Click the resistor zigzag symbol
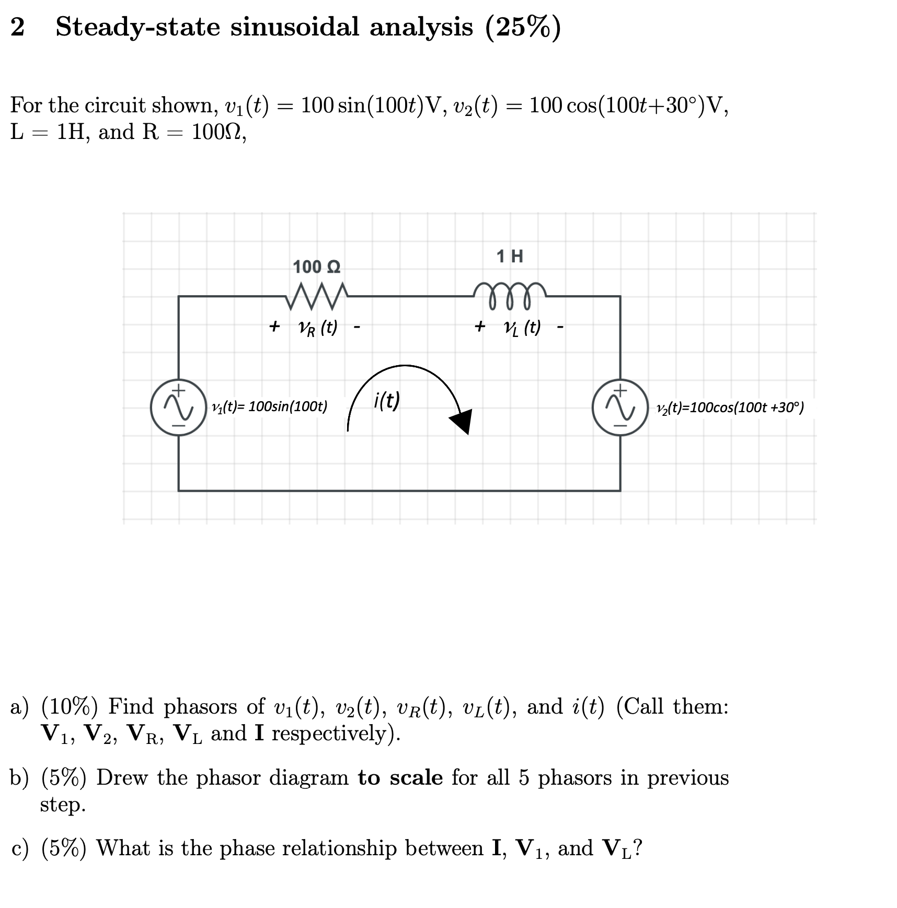click(316, 296)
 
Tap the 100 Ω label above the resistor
click(316, 267)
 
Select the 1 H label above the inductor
click(510, 256)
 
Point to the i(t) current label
click(387, 401)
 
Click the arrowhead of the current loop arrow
click(462, 421)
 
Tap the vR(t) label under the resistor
click(317, 328)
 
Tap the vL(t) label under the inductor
click(522, 328)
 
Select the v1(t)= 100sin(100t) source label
click(269, 406)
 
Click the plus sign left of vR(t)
click(274, 327)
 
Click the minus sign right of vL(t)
click(560, 328)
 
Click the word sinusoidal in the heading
click(295, 27)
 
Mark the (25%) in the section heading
click(523, 27)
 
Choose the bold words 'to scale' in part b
click(400, 777)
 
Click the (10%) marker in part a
click(69, 706)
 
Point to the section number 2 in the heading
click(17, 27)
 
